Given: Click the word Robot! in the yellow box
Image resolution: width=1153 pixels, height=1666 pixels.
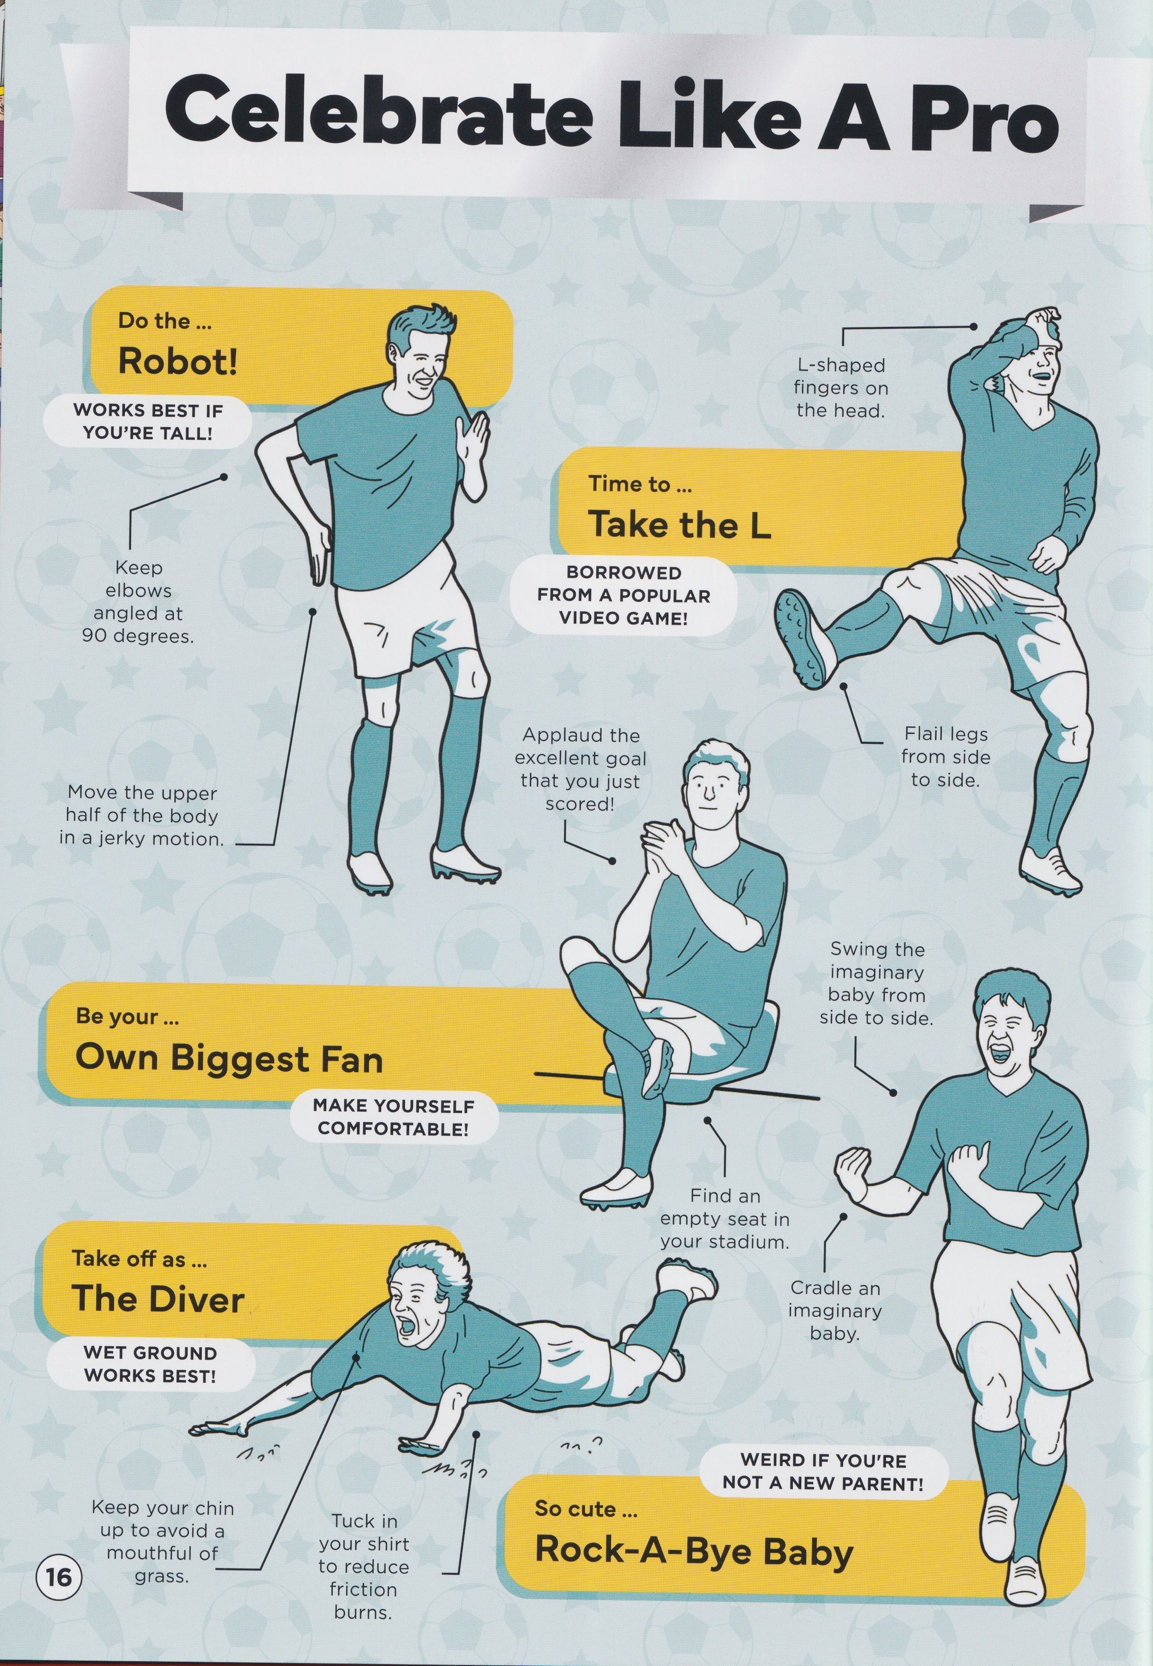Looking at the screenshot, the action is click(178, 361).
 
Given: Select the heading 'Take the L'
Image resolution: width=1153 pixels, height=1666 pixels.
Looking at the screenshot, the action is click(680, 524).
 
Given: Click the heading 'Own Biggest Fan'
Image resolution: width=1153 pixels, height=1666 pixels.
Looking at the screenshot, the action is click(228, 1059).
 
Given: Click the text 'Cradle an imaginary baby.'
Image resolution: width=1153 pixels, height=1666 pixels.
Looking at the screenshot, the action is click(834, 1310).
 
